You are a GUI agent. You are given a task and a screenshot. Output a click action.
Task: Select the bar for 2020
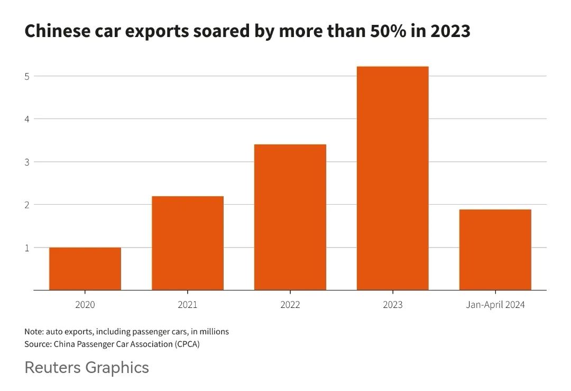(85, 269)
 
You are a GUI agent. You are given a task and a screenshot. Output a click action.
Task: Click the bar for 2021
(188, 243)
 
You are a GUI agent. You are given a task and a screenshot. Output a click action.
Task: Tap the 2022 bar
(290, 217)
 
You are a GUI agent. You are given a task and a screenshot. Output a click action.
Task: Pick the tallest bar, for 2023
(393, 178)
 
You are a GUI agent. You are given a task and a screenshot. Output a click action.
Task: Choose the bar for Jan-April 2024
(495, 250)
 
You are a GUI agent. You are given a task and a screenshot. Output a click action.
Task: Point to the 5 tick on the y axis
(27, 76)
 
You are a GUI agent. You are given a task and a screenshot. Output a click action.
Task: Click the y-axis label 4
(27, 119)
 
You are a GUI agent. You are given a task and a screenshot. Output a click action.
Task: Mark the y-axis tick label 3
(27, 161)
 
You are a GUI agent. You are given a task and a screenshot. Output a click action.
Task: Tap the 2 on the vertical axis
(27, 204)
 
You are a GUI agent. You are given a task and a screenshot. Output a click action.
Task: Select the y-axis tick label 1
(27, 247)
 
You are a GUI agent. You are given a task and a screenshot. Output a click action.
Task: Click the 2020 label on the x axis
(85, 305)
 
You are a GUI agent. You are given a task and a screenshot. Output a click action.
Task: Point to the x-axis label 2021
(188, 305)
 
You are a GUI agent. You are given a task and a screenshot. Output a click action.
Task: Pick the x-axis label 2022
(290, 305)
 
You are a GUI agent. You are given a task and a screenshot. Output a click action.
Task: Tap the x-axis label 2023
(393, 305)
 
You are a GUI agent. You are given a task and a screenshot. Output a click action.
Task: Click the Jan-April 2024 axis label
(495, 305)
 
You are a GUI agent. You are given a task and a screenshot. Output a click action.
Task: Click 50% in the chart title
(392, 31)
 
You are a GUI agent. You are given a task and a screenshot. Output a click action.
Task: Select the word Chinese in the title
(56, 31)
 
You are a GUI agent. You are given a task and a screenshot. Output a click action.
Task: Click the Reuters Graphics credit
(87, 367)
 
